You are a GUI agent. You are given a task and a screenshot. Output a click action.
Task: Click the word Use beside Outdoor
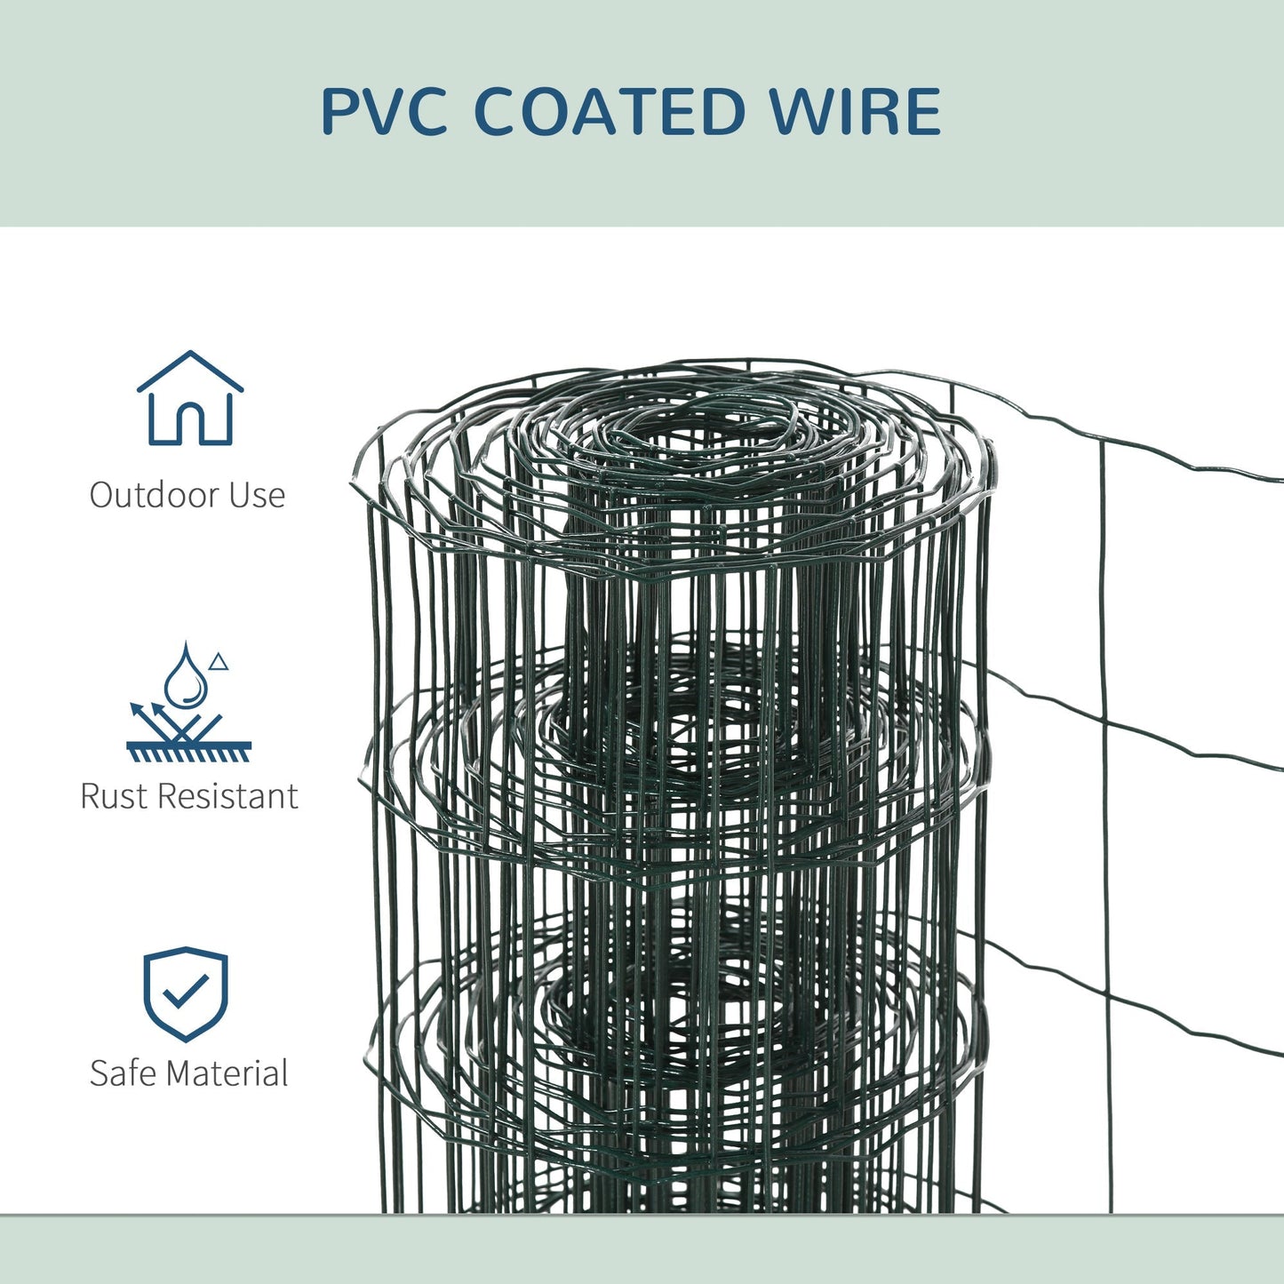pyautogui.click(x=258, y=495)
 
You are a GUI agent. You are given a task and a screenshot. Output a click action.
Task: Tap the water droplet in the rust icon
pyautogui.click(x=186, y=676)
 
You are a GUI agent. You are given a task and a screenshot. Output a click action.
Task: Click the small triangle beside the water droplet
pyautogui.click(x=219, y=662)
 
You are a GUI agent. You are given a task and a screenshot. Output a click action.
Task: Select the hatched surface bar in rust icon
pyautogui.click(x=188, y=752)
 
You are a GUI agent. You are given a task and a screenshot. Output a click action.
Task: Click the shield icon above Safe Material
pyautogui.click(x=186, y=993)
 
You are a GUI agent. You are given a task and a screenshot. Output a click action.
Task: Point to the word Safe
pyautogui.click(x=123, y=1073)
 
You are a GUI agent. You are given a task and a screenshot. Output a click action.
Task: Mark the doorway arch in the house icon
pyautogui.click(x=190, y=422)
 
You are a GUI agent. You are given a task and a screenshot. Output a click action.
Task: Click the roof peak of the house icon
pyautogui.click(x=190, y=354)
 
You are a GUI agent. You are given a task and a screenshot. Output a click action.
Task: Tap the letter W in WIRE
pyautogui.click(x=801, y=113)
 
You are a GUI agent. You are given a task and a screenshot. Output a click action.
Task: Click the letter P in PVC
pyautogui.click(x=340, y=113)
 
